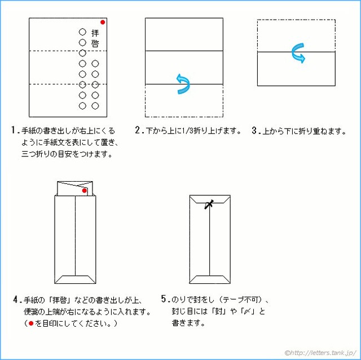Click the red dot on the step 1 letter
click(103, 22)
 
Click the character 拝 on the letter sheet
click(95, 33)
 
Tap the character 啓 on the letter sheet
click(95, 43)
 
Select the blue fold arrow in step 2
click(183, 84)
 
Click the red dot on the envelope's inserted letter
click(84, 191)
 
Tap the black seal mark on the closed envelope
click(209, 204)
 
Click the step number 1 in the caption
click(14, 130)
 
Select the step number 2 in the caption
click(138, 130)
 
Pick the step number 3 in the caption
click(254, 130)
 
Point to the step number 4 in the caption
click(15, 300)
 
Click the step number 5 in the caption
click(164, 298)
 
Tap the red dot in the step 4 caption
click(31, 323)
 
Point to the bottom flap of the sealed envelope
click(210, 279)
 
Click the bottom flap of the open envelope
click(75, 279)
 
